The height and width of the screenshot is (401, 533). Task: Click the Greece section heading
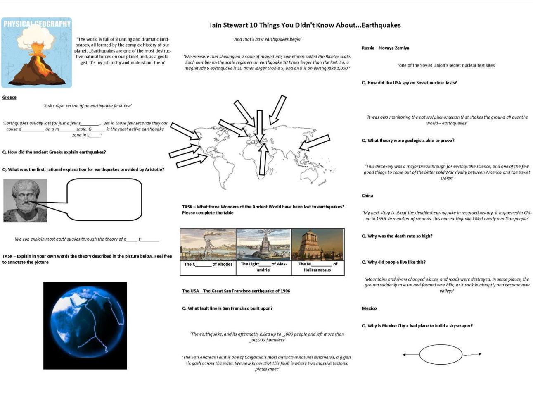(x=9, y=98)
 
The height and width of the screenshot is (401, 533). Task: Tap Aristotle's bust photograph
(x=25, y=200)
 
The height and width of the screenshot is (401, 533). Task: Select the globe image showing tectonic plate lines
(x=85, y=325)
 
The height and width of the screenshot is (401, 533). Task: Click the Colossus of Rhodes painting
(x=208, y=244)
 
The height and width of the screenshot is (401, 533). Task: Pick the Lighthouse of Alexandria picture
(x=263, y=244)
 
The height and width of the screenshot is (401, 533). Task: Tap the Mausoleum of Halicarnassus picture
(x=317, y=244)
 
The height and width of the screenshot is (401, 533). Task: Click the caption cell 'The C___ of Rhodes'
(x=208, y=265)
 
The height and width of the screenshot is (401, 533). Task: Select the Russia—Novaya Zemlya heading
(x=385, y=48)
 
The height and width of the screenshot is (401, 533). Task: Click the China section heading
(x=367, y=196)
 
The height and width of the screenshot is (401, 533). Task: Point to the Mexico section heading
(x=369, y=308)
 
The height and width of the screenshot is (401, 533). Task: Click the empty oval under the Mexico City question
(x=441, y=355)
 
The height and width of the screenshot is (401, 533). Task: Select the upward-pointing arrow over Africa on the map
(x=263, y=159)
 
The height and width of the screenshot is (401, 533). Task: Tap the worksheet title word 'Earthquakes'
(x=381, y=25)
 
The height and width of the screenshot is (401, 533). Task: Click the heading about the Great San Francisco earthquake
(x=236, y=291)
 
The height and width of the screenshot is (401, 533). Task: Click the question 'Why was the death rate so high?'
(x=397, y=236)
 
